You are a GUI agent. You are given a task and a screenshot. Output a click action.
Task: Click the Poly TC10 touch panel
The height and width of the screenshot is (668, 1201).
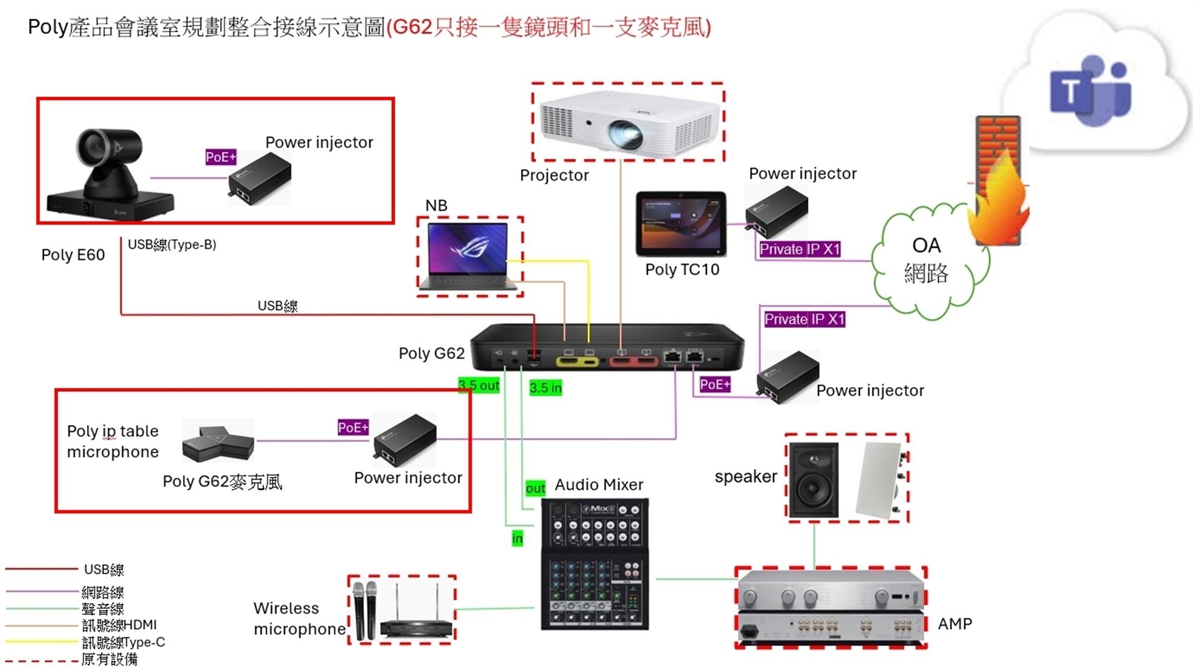(681, 224)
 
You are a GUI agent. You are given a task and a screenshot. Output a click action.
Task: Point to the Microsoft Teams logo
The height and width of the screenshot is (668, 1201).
(1091, 91)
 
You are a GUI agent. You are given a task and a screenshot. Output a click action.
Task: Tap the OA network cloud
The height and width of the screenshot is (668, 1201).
(927, 260)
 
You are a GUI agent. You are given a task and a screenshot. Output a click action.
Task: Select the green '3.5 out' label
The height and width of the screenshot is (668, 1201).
(479, 385)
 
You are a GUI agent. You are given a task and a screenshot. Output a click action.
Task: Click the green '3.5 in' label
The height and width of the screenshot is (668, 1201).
(545, 388)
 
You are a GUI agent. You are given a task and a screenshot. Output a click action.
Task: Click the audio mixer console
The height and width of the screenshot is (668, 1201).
(594, 564)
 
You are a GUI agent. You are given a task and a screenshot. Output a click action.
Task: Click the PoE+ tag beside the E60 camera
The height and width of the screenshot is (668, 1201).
(221, 157)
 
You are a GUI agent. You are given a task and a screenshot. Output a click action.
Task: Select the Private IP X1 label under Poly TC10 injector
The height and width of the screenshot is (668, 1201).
(799, 249)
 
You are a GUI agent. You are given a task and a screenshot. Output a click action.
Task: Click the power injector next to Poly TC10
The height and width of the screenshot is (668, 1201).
(776, 211)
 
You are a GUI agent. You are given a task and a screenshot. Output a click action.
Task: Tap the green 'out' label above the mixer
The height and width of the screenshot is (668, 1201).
(536, 488)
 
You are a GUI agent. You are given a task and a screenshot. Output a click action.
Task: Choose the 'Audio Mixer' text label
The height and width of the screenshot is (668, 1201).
(598, 485)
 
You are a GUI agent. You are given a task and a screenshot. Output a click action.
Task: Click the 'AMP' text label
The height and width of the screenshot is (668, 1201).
(954, 624)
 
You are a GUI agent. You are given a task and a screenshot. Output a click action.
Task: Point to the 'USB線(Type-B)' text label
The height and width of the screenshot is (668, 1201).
(172, 245)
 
